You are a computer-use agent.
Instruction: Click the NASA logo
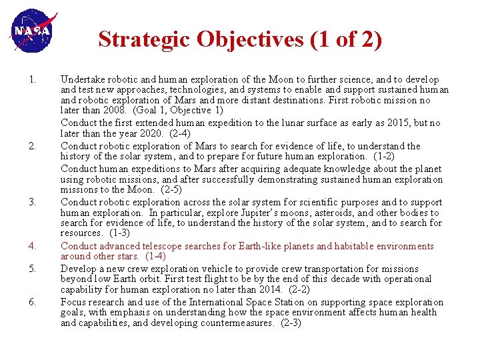pos(33,31)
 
